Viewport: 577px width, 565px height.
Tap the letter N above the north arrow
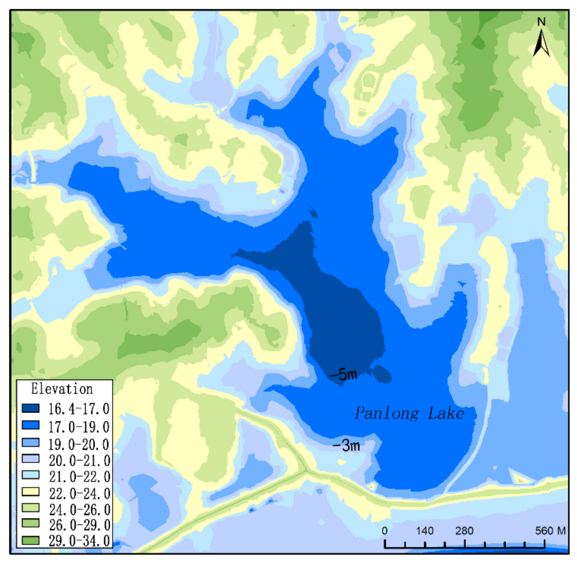pyautogui.click(x=541, y=22)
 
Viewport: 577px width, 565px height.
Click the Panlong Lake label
pyautogui.click(x=409, y=413)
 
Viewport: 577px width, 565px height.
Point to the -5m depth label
pyautogui.click(x=343, y=375)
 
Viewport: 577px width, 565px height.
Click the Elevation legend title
pyautogui.click(x=62, y=389)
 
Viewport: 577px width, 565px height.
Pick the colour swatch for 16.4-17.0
pyautogui.click(x=31, y=408)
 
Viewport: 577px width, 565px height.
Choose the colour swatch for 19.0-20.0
pyautogui.click(x=31, y=443)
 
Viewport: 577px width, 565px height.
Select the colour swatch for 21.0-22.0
pyautogui.click(x=31, y=475)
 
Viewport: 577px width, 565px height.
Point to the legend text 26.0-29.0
pyautogui.click(x=79, y=525)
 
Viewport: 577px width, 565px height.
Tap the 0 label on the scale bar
pyautogui.click(x=384, y=530)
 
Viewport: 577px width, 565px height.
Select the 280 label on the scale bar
pyautogui.click(x=464, y=530)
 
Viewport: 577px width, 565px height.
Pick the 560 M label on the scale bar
pyautogui.click(x=550, y=530)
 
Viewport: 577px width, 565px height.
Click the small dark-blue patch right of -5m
pyautogui.click(x=382, y=374)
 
